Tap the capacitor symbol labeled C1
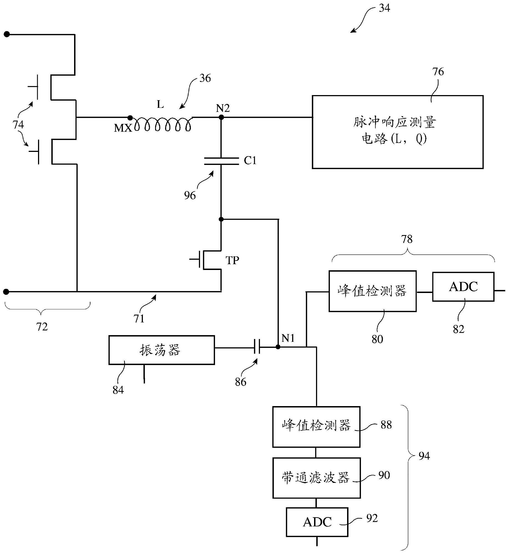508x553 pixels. [221, 161]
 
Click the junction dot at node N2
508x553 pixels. [221, 117]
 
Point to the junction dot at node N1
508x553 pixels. [278, 346]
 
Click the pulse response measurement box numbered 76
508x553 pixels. [397, 132]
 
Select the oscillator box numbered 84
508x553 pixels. [161, 350]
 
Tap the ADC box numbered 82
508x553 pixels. [463, 287]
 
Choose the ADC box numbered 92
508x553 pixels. [317, 522]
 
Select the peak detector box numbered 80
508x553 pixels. [372, 291]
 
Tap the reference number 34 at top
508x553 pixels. [384, 8]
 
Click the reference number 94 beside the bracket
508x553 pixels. [424, 456]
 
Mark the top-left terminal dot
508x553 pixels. [6, 34]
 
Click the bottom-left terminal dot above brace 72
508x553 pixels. [6, 292]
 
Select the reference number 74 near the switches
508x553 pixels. [18, 125]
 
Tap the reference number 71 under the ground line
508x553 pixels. [139, 319]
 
